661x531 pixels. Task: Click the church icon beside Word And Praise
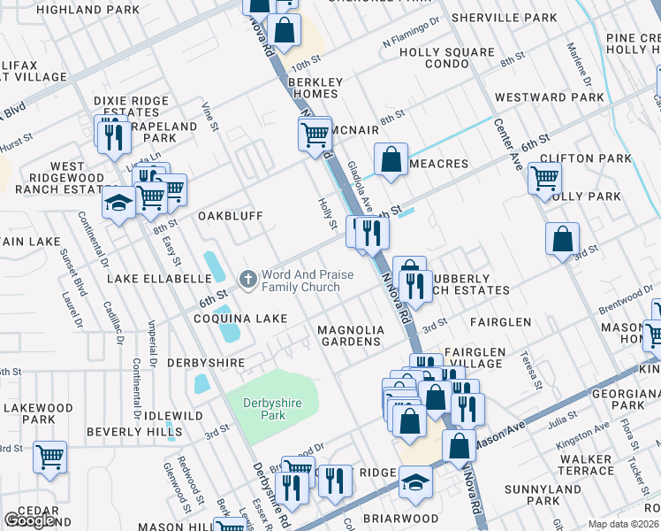click(248, 280)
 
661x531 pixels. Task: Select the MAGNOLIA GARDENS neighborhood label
click(352, 335)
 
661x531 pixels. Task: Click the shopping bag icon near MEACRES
click(390, 160)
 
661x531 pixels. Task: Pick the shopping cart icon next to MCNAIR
click(315, 135)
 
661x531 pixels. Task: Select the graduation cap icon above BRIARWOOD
click(415, 482)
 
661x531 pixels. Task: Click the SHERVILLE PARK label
click(504, 18)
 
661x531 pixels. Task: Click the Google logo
click(30, 520)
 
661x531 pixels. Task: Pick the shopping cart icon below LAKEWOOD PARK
click(49, 458)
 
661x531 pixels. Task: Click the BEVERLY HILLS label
click(126, 435)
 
